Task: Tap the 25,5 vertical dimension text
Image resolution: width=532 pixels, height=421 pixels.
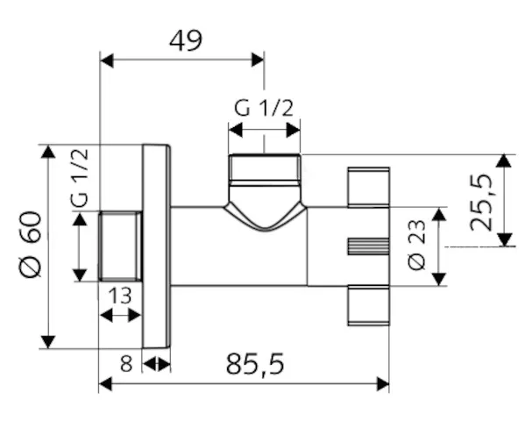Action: (x=483, y=202)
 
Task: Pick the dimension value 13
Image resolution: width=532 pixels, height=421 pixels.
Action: (x=120, y=296)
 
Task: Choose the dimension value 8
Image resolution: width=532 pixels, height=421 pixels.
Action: (x=126, y=363)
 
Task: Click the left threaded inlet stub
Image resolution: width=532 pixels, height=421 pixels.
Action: (x=121, y=246)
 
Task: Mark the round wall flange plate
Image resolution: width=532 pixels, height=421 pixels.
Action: (x=156, y=246)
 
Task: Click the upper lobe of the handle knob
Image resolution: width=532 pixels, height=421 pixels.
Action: (x=368, y=187)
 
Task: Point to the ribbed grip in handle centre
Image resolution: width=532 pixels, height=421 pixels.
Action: (x=368, y=246)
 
